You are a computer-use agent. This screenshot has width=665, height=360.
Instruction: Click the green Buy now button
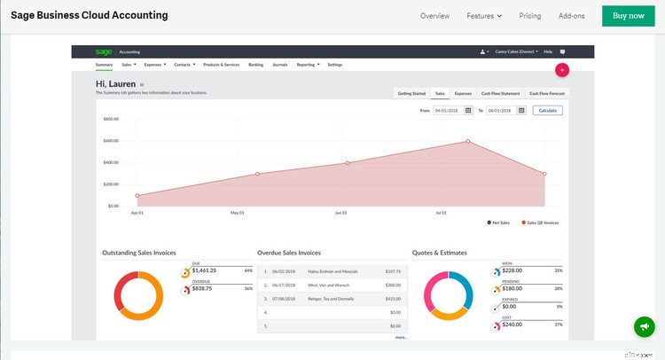pos(629,16)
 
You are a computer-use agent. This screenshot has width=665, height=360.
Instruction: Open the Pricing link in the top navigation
pos(529,16)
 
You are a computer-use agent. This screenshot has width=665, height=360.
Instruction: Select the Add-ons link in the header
pos(572,16)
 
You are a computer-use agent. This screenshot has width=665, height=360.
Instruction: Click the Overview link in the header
pos(434,16)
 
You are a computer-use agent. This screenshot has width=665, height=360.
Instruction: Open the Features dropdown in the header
pos(484,16)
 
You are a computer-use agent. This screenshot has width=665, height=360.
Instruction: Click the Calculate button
pos(547,110)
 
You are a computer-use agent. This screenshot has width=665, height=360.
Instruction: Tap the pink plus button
pos(561,69)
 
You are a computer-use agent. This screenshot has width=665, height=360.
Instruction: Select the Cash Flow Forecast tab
pos(547,93)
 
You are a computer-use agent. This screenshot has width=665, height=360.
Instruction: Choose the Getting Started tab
pos(411,93)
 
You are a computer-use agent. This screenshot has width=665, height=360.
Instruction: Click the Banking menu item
pos(255,65)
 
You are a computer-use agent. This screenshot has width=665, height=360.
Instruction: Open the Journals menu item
pos(280,65)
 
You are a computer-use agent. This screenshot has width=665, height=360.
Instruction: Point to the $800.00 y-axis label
pos(111,119)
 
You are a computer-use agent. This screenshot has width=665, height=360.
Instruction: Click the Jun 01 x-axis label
pos(340,213)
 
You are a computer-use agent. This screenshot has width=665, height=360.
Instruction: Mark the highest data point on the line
pos(468,141)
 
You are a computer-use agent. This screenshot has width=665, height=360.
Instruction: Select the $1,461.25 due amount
pos(204,270)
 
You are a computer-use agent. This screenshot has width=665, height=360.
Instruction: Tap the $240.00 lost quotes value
pos(513,325)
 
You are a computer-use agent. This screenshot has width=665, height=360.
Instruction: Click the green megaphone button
pos(645,326)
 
